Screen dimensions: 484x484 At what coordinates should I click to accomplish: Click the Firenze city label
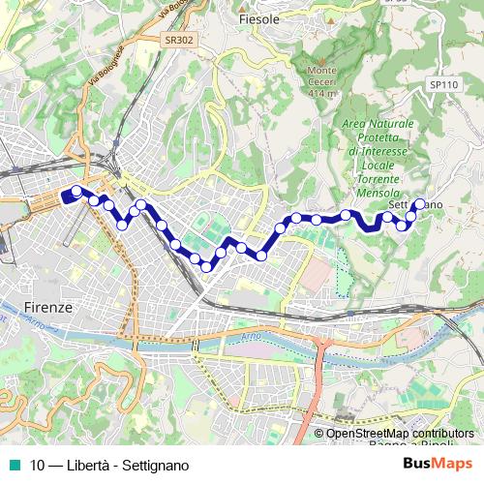(x=45, y=306)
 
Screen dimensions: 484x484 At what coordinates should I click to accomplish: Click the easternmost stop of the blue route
(x=419, y=204)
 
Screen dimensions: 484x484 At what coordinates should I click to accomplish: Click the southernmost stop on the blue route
(x=206, y=266)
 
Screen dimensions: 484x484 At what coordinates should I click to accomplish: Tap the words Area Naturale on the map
(x=378, y=125)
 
